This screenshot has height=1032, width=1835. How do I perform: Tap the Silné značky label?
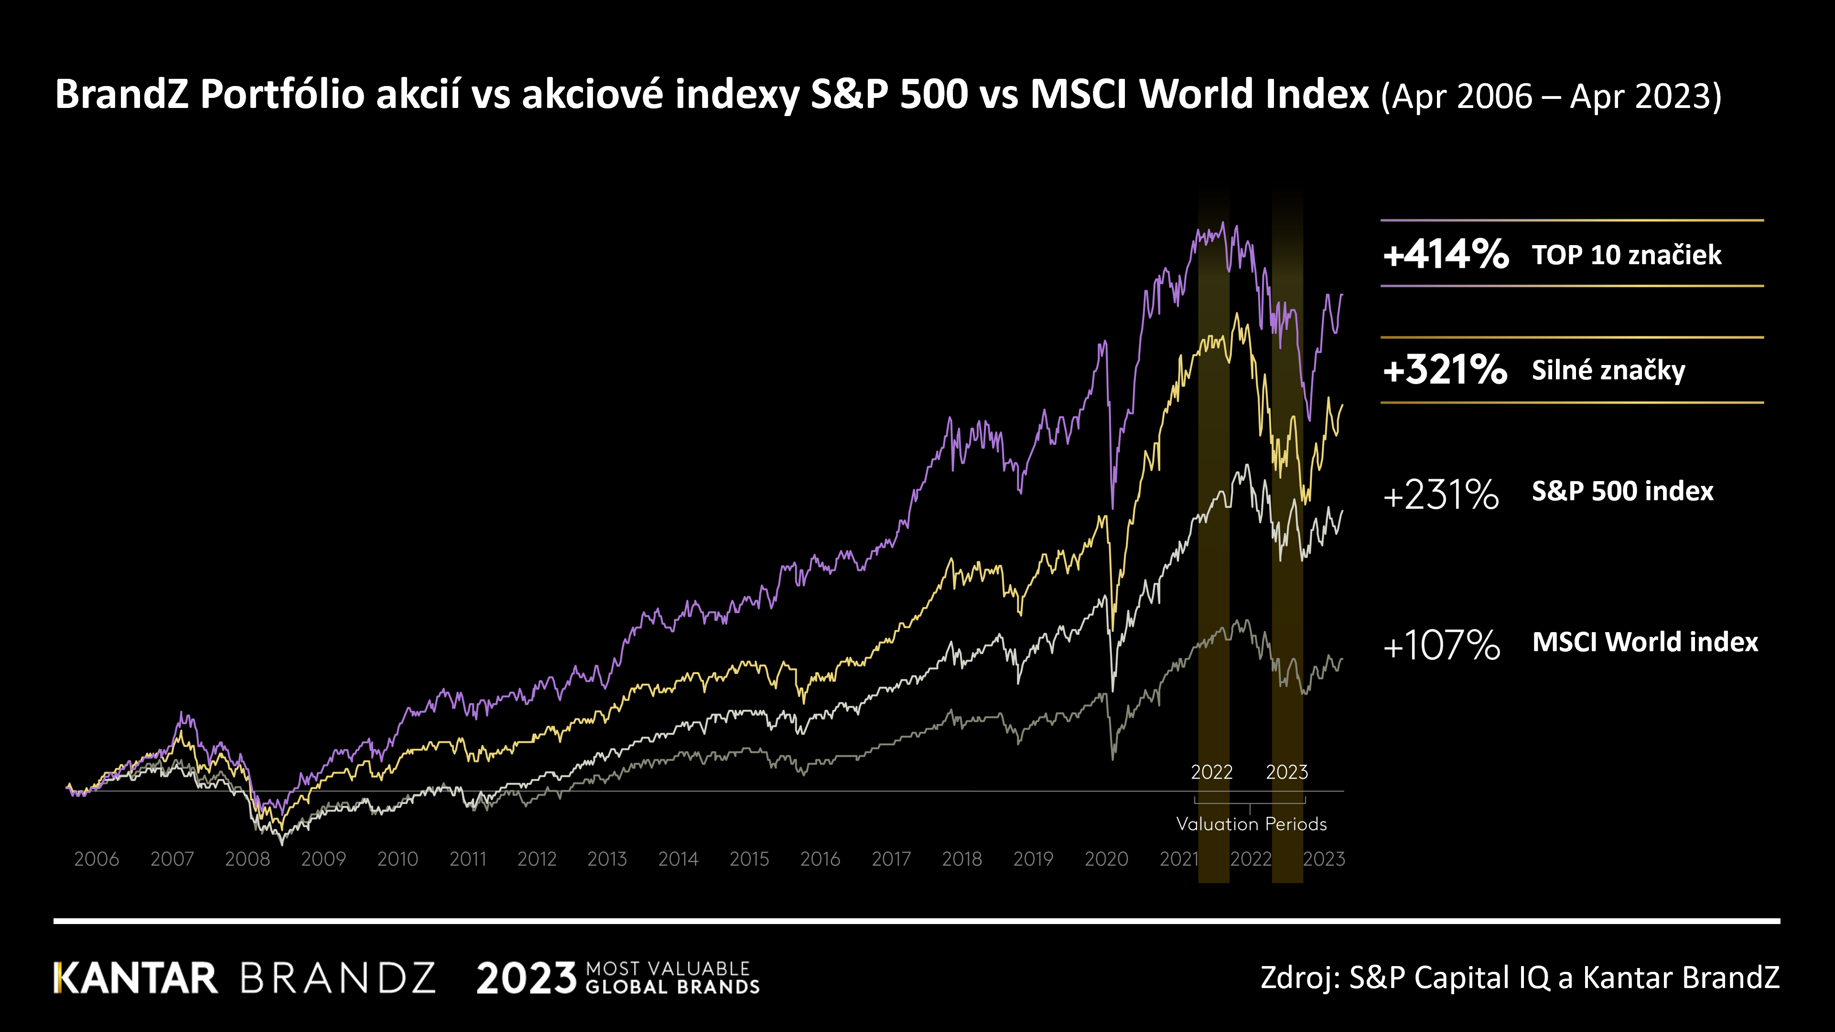coord(1608,370)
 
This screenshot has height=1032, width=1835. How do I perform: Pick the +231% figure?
coord(1440,494)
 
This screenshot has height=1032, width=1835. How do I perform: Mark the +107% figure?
coord(1441,645)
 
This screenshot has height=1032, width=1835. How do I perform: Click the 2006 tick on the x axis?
coord(96,859)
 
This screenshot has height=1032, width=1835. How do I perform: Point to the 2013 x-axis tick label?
coord(607,859)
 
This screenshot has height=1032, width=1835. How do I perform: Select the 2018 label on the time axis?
coord(961,859)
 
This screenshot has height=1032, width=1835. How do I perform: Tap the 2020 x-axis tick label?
coord(1106,859)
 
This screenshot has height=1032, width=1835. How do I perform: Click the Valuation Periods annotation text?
coord(1251,824)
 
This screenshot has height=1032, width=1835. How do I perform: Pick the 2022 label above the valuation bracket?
coord(1212,772)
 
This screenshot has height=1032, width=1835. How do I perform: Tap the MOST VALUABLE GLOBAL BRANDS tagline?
coord(672,978)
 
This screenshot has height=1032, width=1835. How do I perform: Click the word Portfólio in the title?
coord(282,94)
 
